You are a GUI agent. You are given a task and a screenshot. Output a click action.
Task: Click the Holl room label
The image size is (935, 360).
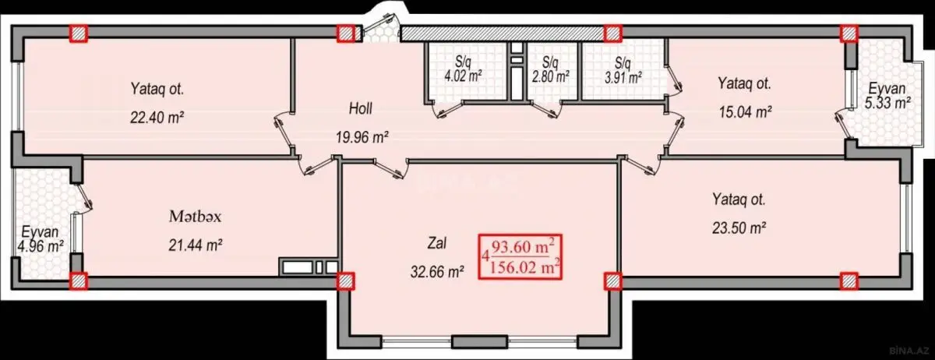(361, 108)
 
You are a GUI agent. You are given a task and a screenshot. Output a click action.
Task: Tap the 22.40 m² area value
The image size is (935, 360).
(157, 118)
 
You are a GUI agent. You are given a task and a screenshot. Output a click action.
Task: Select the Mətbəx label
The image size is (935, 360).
(195, 217)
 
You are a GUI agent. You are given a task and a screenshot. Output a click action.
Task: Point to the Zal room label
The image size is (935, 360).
(436, 243)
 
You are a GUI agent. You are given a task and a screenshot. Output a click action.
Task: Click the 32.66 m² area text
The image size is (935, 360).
(437, 272)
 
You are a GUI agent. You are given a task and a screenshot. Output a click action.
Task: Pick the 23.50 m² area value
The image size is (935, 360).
(739, 228)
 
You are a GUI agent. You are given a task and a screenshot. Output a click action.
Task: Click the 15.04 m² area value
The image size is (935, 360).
(745, 112)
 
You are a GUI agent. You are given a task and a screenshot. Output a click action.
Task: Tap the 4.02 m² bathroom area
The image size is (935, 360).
(463, 76)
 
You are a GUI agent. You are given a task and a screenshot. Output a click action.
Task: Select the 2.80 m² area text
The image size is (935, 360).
(551, 76)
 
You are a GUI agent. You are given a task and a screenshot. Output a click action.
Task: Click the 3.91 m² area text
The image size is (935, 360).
(623, 78)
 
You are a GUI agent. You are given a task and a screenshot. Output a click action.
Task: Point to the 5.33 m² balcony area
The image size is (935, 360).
(887, 103)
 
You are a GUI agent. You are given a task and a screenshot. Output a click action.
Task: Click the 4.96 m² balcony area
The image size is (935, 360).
(40, 246)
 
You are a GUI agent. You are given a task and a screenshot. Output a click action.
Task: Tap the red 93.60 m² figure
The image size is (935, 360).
(523, 247)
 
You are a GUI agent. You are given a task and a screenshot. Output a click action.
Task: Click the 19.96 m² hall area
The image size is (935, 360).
(362, 136)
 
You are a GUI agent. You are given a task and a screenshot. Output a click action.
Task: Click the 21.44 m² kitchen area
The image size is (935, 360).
(195, 245)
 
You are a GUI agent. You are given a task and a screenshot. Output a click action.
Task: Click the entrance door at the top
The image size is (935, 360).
(378, 25)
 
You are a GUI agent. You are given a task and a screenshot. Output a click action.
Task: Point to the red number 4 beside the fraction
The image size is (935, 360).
(485, 256)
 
